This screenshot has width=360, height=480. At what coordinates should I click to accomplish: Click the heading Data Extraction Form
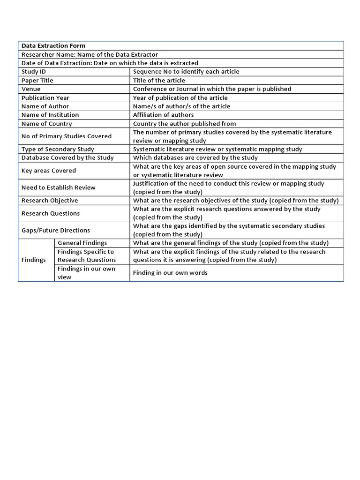(53, 45)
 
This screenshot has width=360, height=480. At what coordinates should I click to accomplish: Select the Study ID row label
(34, 72)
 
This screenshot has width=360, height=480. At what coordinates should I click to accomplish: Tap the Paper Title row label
(37, 80)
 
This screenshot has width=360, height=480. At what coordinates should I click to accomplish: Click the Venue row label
(31, 89)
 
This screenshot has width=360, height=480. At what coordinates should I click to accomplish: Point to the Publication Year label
(45, 97)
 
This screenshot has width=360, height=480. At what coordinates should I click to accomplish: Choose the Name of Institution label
(50, 115)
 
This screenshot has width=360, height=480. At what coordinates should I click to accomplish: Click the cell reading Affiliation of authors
(163, 115)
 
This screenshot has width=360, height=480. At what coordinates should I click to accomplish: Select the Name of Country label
(47, 124)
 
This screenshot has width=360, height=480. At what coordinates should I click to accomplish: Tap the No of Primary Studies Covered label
(67, 136)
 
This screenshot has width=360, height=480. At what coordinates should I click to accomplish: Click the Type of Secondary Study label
(58, 149)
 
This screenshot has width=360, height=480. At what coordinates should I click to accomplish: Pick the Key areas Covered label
(49, 171)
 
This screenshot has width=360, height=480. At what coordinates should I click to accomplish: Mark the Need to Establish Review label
(59, 187)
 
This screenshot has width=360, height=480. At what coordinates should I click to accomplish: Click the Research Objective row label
(50, 200)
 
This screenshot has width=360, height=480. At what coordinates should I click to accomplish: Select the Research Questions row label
(51, 213)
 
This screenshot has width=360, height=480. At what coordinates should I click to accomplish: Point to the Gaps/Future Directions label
(56, 230)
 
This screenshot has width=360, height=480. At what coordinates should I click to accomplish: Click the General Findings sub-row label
(82, 243)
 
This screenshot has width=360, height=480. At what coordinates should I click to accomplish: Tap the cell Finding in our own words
(170, 273)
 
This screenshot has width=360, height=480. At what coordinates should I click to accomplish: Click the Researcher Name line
(90, 54)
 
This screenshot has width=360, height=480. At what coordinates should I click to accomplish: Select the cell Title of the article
(159, 80)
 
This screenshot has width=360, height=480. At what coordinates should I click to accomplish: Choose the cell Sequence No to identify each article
(186, 72)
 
